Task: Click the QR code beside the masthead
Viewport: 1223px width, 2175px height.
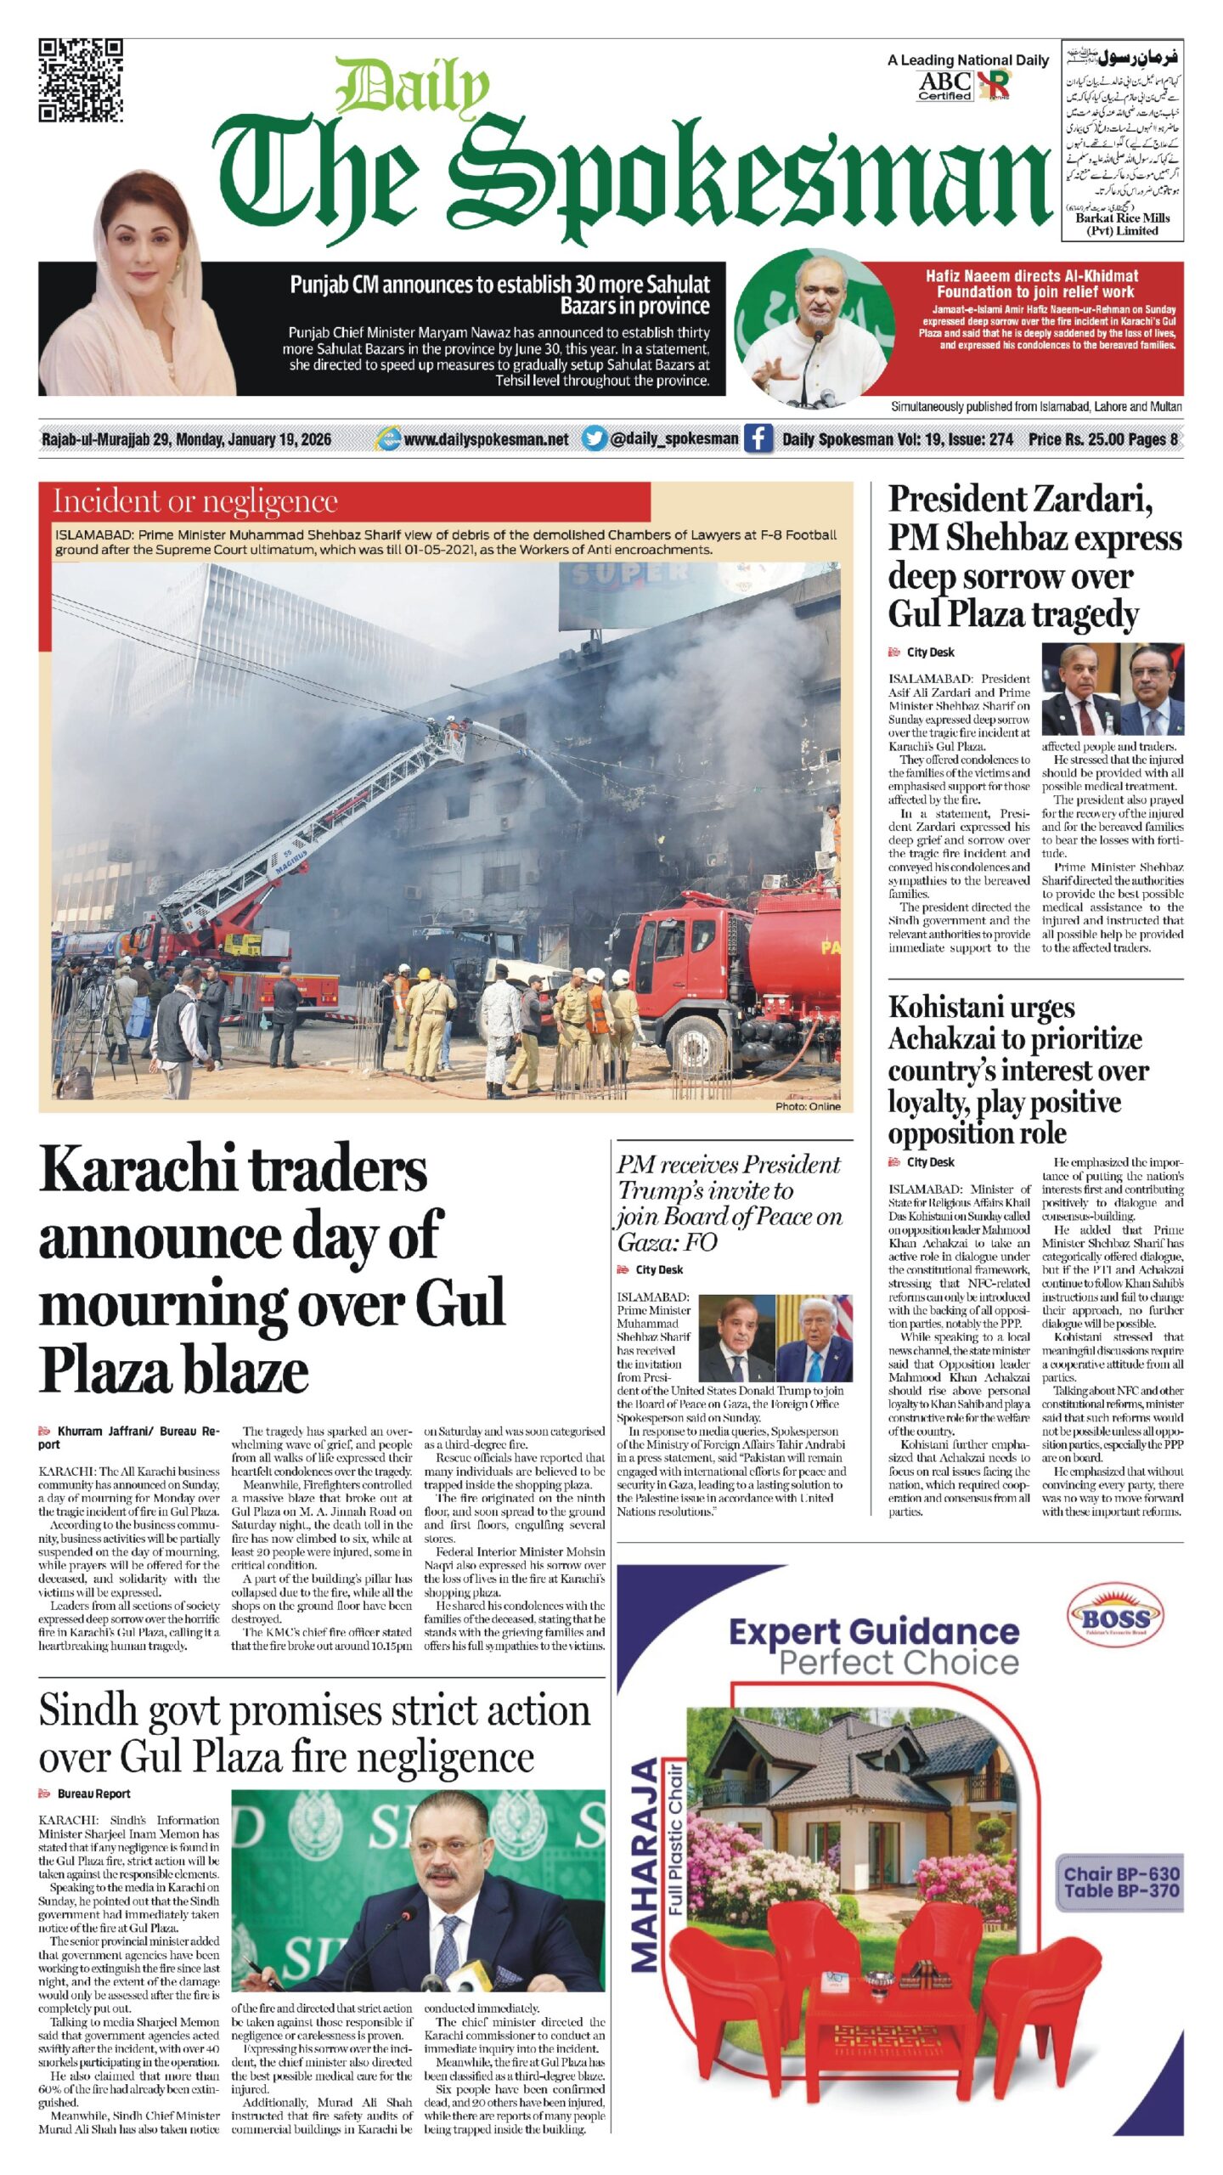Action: [x=81, y=81]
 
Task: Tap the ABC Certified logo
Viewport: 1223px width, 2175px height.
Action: [x=945, y=86]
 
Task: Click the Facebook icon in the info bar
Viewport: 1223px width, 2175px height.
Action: [x=758, y=439]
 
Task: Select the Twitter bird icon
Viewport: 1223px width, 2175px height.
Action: [x=595, y=439]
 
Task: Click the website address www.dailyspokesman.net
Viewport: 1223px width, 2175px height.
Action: [x=486, y=439]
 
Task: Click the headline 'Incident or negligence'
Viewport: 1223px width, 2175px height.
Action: [x=195, y=501]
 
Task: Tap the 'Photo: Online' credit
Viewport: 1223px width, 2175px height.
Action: [x=807, y=1106]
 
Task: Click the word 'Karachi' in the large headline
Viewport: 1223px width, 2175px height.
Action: [x=136, y=1171]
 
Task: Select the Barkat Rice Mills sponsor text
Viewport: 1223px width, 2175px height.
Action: [x=1122, y=223]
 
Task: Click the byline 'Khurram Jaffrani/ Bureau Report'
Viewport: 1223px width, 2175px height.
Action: [x=127, y=1437]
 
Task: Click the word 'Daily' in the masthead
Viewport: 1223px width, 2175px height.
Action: [x=414, y=87]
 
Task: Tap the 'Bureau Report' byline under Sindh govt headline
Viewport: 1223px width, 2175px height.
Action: [x=93, y=1794]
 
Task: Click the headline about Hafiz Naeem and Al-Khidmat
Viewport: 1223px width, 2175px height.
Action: [x=1031, y=284]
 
